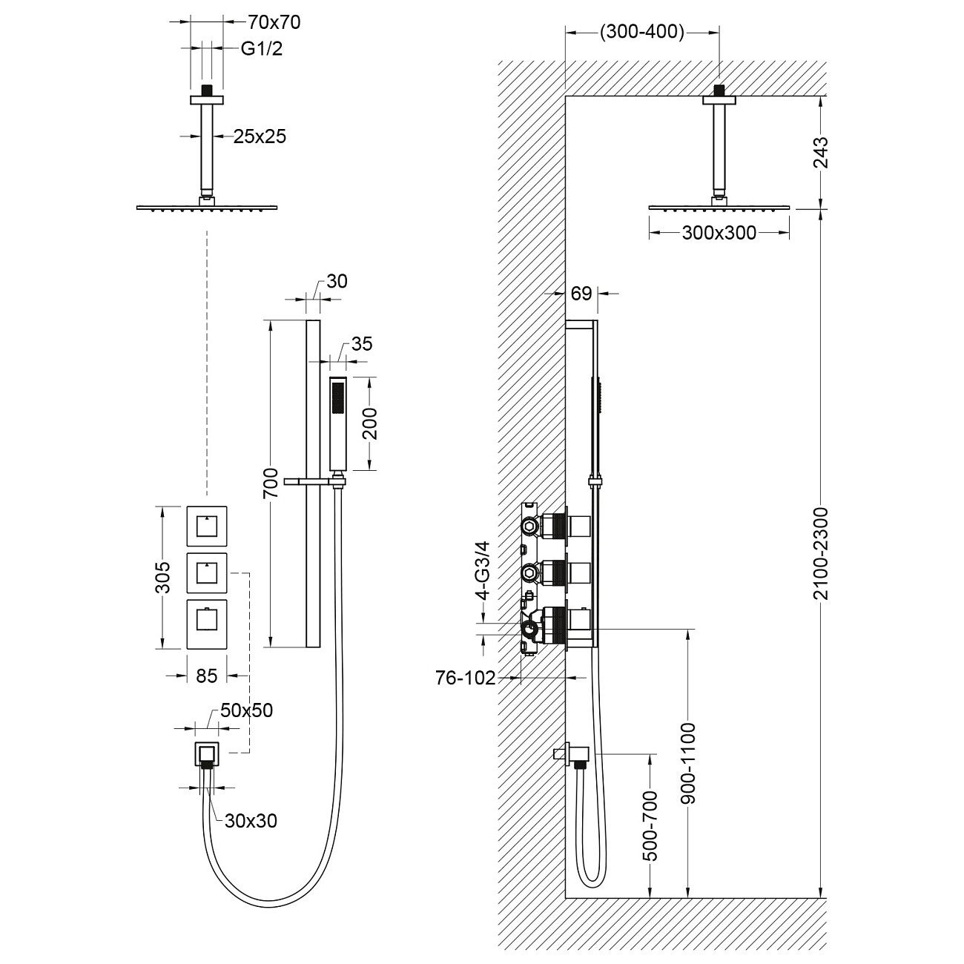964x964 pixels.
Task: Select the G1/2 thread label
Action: pos(261,49)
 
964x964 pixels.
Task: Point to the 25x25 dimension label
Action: pos(260,136)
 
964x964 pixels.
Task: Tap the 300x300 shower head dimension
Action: pos(719,233)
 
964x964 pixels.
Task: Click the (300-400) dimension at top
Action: pos(641,31)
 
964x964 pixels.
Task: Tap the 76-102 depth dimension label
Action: pos(465,679)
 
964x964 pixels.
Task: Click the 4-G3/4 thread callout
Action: pos(483,570)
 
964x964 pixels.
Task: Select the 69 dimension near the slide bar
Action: pos(581,294)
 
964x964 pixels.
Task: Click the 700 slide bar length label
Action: pos(271,483)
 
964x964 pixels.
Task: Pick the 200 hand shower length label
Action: pos(371,423)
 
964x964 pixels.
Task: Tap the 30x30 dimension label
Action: pos(251,820)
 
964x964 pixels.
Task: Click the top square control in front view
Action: pos(206,526)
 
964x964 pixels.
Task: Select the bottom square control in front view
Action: pos(206,622)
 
